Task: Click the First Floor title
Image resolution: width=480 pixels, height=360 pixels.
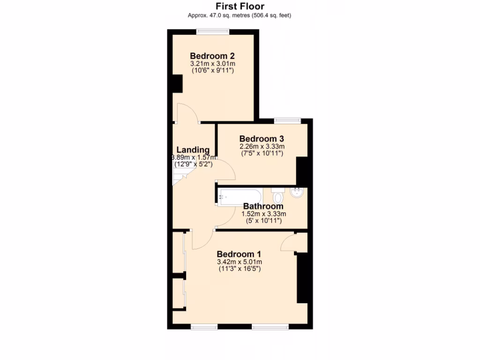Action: click(240, 7)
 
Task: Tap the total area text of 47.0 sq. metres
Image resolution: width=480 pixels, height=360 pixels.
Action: click(240, 15)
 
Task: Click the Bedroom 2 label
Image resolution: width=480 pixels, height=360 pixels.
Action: click(212, 56)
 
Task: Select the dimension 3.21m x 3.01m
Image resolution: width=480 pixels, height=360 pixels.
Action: click(212, 63)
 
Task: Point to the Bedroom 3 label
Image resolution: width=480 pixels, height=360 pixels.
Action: click(262, 139)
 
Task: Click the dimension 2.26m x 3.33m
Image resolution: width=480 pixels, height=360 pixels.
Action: click(262, 146)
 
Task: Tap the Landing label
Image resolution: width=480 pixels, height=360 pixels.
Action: click(193, 150)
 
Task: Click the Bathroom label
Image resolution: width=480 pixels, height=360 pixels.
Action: click(263, 206)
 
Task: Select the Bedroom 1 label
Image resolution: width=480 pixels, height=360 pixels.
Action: click(239, 254)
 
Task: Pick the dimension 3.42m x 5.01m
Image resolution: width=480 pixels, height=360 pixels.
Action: click(239, 262)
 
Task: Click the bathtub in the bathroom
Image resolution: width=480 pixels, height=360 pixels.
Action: click(240, 196)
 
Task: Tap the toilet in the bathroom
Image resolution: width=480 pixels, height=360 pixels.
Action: click(277, 195)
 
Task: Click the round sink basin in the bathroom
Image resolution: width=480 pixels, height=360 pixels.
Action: click(297, 192)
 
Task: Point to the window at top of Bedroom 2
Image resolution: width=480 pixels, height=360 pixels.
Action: click(212, 32)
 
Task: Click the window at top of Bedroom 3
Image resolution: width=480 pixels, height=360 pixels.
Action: click(287, 120)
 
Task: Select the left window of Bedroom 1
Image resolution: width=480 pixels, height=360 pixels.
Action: click(204, 326)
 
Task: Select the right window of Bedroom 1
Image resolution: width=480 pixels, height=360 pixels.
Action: click(270, 326)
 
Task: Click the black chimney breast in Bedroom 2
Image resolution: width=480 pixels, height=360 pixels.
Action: click(177, 83)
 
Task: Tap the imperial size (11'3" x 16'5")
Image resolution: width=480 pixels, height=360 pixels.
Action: click(239, 269)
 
